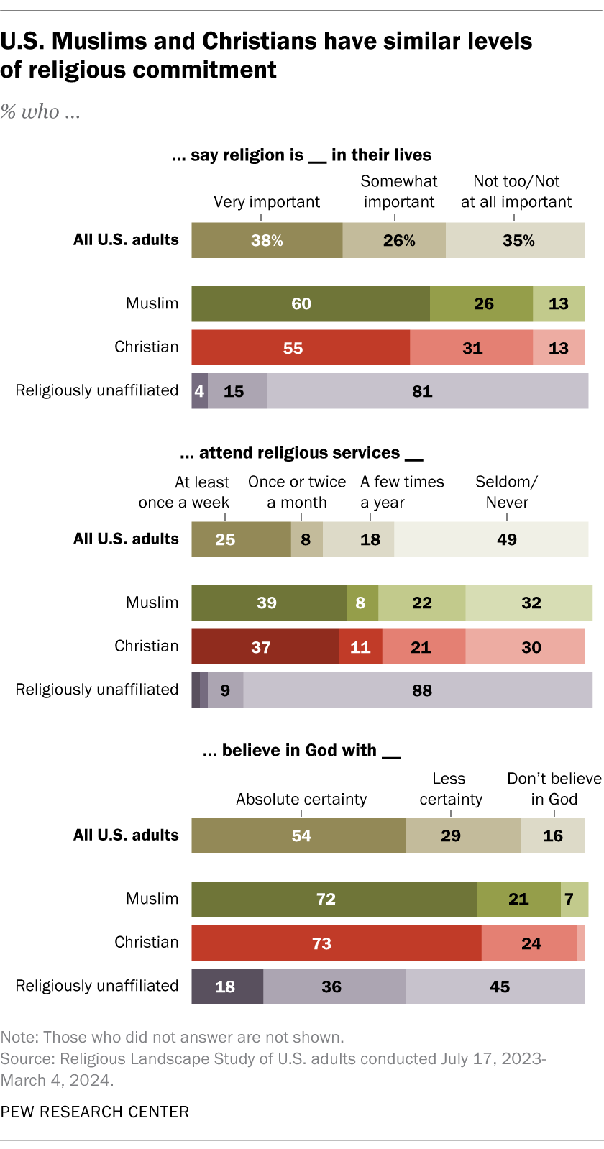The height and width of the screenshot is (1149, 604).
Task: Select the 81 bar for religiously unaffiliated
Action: click(427, 391)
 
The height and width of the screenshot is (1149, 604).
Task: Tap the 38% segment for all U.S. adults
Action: click(267, 240)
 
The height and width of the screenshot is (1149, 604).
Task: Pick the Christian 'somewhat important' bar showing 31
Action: click(471, 348)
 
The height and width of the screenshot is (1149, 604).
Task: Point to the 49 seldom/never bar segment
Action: click(491, 539)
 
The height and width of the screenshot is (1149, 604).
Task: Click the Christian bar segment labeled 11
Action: click(360, 647)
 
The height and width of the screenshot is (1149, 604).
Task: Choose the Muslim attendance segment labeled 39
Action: click(268, 603)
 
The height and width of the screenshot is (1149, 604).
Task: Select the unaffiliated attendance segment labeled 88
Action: click(418, 690)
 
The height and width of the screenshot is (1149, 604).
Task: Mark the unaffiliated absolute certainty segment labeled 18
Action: click(226, 987)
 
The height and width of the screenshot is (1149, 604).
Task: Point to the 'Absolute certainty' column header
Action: click(301, 800)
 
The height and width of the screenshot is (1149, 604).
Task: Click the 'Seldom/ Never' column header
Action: click(507, 492)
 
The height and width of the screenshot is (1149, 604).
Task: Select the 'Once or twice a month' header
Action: click(297, 492)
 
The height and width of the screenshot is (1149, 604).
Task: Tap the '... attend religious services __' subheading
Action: click(301, 453)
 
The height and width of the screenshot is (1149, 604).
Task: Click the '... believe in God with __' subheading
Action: click(301, 751)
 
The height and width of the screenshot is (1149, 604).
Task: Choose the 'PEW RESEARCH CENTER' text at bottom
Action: click(95, 1112)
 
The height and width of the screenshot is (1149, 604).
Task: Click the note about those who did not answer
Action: click(173, 1037)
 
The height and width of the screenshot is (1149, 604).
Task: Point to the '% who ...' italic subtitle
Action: click(40, 111)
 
